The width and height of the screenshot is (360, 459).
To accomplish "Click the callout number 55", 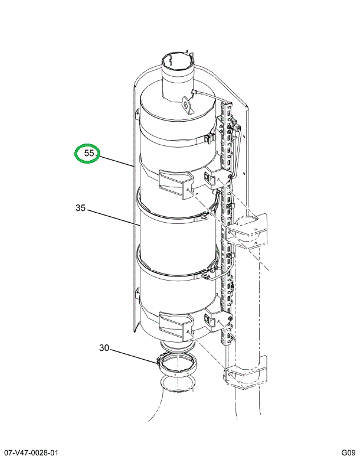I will point(89,154).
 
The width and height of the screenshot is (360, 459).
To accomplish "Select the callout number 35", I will point(81,208).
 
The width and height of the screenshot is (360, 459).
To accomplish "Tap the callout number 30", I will point(104,349).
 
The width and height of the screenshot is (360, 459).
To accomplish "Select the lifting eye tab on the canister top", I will point(188,105).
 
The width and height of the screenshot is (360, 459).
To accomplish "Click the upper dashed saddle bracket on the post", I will point(251,227).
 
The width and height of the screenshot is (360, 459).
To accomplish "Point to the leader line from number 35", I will point(112,217).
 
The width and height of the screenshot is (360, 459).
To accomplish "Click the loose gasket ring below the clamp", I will point(176,386).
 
